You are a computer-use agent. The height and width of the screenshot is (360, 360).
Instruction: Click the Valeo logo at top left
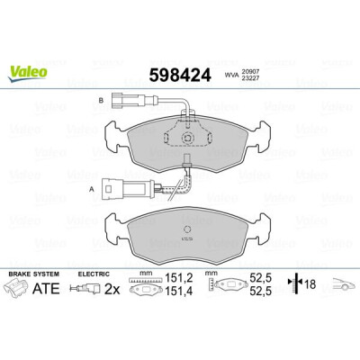(28, 74)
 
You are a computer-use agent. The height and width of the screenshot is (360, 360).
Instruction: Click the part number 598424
(180, 75)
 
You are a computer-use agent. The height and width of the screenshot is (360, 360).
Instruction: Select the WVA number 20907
(250, 72)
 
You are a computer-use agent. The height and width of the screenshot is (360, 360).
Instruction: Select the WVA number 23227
(250, 77)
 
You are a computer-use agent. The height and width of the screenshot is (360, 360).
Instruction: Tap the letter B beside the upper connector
(101, 100)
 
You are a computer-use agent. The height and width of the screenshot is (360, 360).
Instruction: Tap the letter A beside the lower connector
(93, 189)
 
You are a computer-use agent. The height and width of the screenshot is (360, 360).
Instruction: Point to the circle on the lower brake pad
(187, 229)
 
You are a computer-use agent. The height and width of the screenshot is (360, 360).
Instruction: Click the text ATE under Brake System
(46, 288)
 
